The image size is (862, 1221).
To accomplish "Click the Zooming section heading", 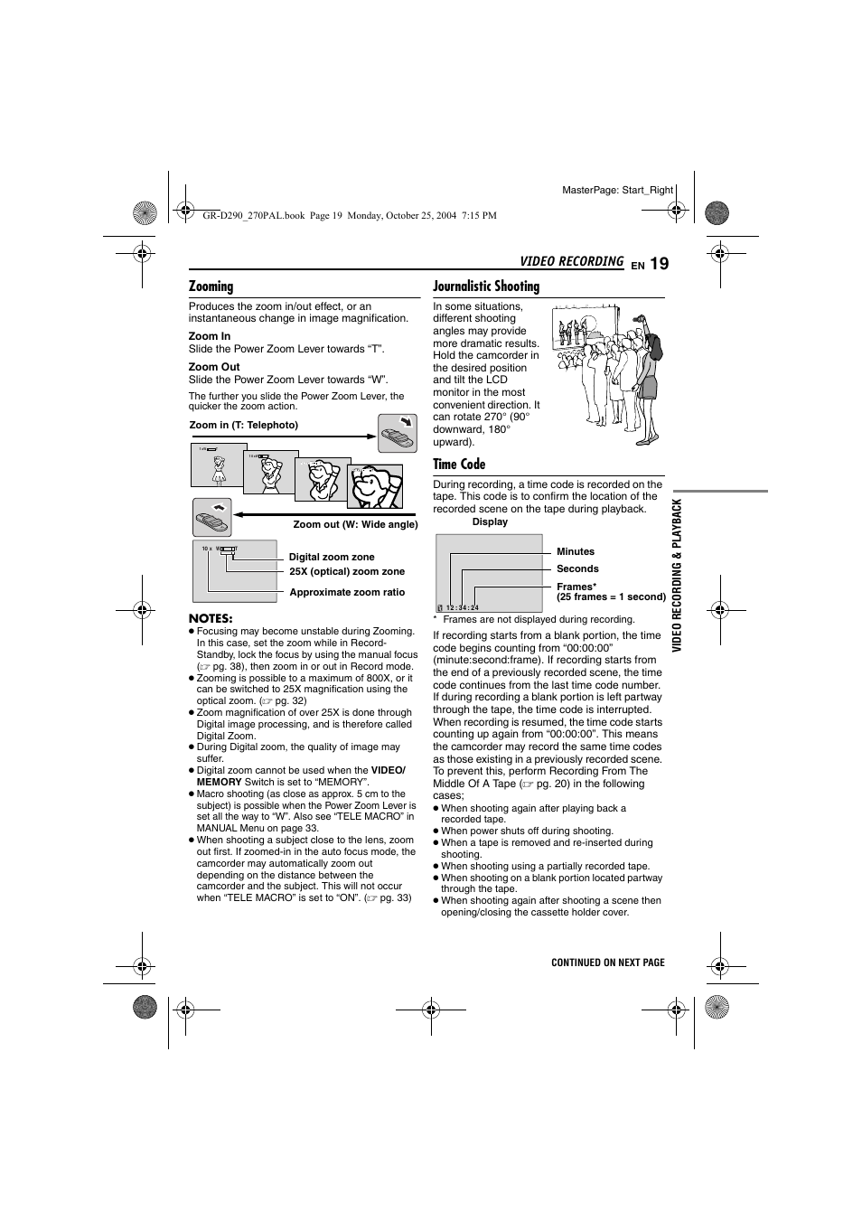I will coord(211,286).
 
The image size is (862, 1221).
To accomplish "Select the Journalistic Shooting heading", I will coord(486,286).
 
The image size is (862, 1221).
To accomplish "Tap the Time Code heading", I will coord(459,465).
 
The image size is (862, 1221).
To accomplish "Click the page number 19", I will coord(659,263).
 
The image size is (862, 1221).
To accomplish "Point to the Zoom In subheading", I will coord(210,336).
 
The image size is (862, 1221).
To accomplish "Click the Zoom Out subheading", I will coord(214,367).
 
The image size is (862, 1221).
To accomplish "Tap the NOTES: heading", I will coord(211,618).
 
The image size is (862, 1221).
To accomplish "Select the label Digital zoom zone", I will coord(331,557).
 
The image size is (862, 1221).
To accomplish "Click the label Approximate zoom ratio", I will coord(347,592).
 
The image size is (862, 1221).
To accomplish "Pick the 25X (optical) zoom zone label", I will coord(347,571).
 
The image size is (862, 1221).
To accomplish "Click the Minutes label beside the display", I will coord(576,551).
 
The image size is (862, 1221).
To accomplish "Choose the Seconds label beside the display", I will coord(577,568).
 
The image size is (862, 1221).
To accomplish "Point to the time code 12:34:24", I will coord(462,607).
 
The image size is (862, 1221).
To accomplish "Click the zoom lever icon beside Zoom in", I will coord(398,434).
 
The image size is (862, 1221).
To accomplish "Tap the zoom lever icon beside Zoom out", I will coord(212,518).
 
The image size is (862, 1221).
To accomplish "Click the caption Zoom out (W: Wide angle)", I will coord(355,524).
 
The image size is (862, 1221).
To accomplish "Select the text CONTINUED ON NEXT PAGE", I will coord(608,963).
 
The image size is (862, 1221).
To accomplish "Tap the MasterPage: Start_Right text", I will coord(618,190).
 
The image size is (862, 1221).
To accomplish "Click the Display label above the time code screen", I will coord(490,521).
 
